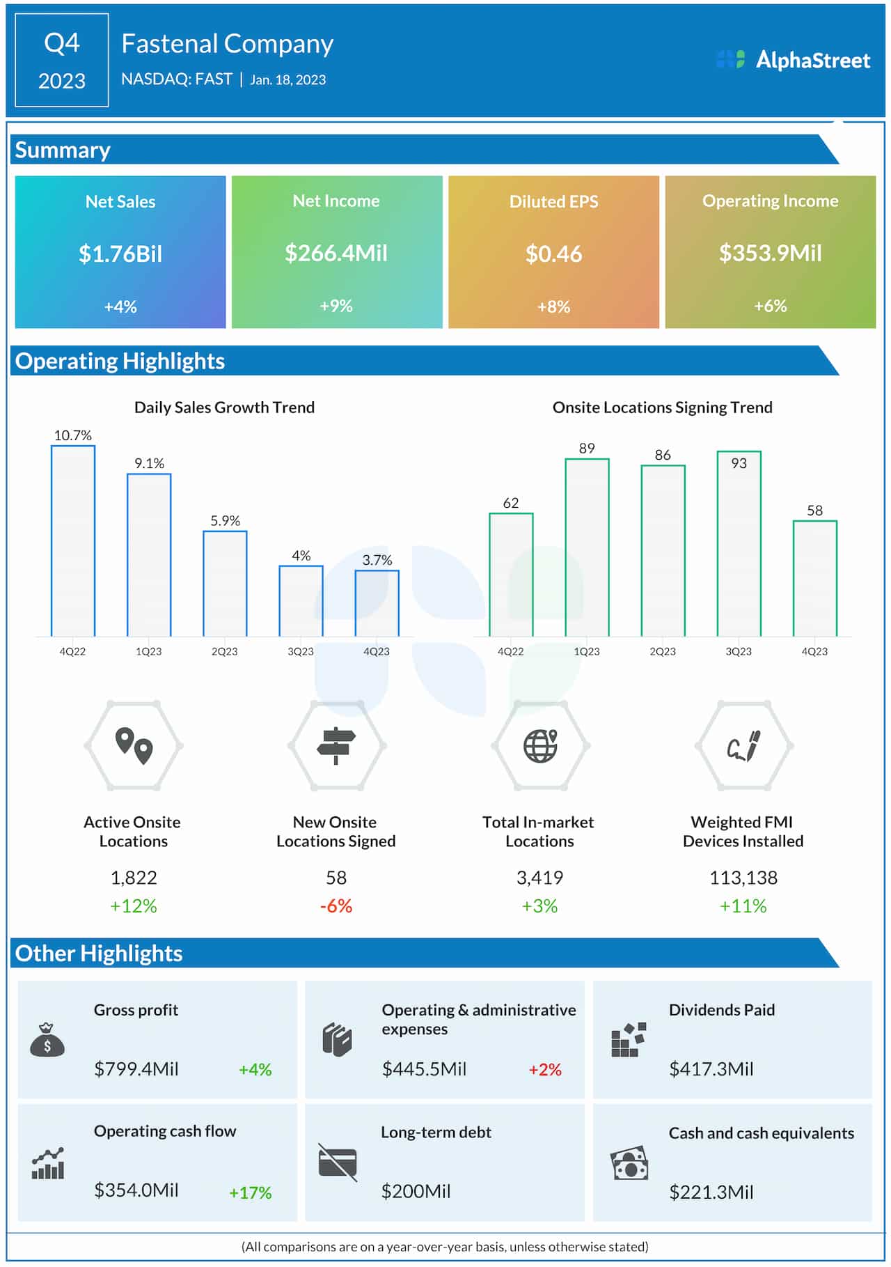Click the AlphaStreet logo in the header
[794, 60]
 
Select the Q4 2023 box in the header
[61, 61]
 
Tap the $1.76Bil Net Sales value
[120, 254]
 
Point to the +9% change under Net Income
[336, 306]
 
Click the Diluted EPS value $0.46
[553, 254]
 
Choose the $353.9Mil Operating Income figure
[770, 253]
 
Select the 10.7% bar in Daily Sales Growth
[73, 541]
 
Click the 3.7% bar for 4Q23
[377, 603]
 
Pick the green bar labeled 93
[739, 543]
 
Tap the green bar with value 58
[814, 578]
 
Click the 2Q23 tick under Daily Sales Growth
[224, 651]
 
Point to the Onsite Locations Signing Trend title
[662, 407]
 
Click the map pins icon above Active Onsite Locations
[134, 745]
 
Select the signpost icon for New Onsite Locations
[336, 745]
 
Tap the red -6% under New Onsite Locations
[336, 906]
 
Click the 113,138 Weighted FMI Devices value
[743, 878]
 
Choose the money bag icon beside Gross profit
[47, 1040]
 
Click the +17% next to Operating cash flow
[251, 1192]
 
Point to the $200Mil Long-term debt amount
[416, 1191]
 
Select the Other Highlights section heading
[99, 953]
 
